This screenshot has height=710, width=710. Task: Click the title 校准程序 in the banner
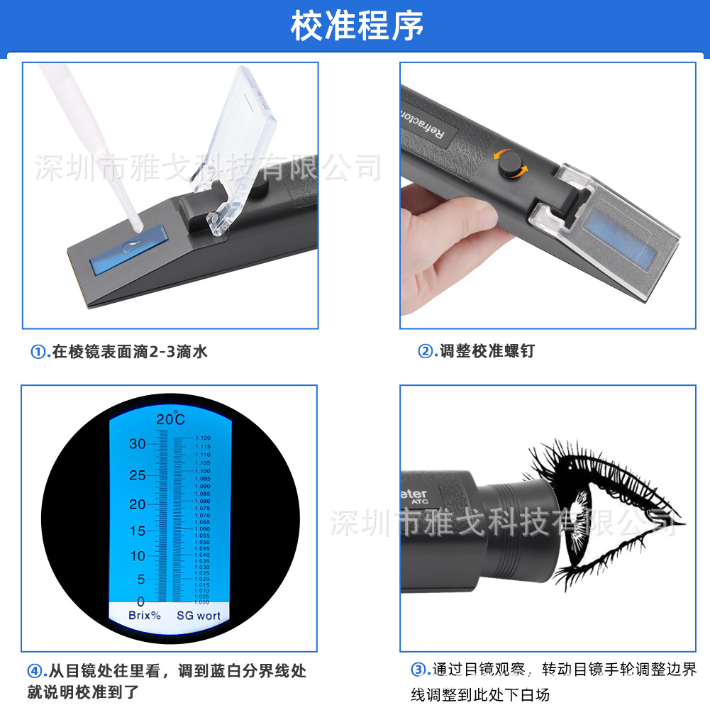pos(356,26)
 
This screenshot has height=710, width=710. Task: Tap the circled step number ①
pos(38,351)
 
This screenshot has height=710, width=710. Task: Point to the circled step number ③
pos(419,670)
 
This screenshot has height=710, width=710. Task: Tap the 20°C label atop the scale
pos(170,418)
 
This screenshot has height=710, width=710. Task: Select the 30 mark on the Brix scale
pos(137,444)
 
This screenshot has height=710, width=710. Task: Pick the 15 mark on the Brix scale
pos(137,531)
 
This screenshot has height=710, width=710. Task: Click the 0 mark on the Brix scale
pos(140,601)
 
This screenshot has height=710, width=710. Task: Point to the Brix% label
pos(144,616)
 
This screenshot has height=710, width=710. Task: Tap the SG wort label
pos(199,616)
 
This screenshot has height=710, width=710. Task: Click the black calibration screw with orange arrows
pos(506,163)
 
